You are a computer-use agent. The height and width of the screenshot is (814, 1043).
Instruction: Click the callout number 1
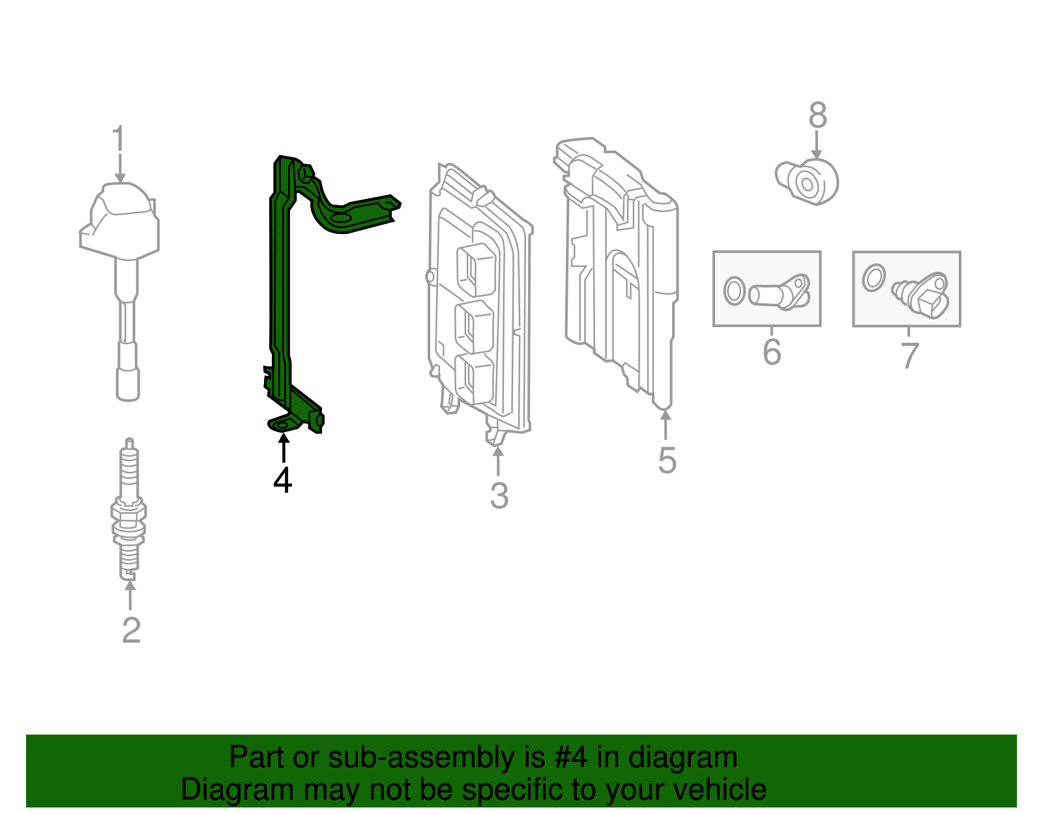(118, 139)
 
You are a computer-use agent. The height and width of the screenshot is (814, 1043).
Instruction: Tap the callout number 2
(131, 630)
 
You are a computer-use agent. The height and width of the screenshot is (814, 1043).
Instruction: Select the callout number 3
(499, 496)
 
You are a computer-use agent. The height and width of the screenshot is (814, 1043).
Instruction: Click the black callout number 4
(282, 481)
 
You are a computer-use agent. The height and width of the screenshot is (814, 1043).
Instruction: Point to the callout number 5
(667, 461)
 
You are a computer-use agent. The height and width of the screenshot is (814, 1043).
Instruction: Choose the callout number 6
(772, 352)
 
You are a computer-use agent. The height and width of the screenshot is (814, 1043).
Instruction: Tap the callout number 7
(909, 356)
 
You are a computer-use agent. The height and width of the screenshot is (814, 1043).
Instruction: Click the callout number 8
(817, 116)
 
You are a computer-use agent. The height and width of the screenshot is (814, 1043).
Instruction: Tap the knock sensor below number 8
(808, 182)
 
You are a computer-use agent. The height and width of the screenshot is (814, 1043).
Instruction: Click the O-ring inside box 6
(734, 291)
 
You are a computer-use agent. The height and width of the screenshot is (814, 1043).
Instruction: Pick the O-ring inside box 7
(873, 278)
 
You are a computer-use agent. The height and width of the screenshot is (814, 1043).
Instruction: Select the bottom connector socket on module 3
(474, 378)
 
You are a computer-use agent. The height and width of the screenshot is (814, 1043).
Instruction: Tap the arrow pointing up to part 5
(666, 424)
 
